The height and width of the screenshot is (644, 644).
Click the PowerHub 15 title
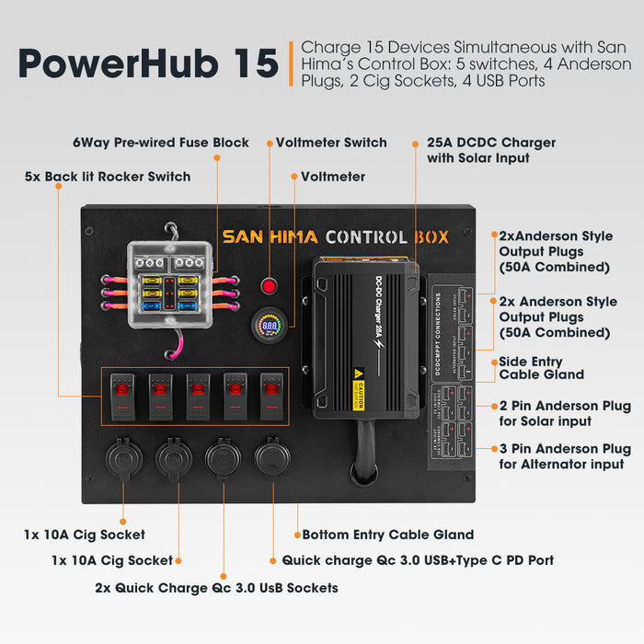tap(147, 63)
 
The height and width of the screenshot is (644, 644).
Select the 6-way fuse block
tap(174, 280)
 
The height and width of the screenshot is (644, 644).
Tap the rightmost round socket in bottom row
tap(271, 457)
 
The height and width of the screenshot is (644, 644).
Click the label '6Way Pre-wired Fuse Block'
tap(161, 143)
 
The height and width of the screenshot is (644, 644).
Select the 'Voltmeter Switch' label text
tap(331, 143)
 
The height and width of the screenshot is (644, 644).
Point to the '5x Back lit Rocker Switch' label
tap(108, 176)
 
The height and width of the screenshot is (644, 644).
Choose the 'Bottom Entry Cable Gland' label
tap(387, 535)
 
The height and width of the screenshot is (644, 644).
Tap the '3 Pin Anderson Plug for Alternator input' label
tap(565, 457)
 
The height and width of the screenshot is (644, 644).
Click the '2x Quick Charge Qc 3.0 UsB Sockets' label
tap(216, 587)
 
